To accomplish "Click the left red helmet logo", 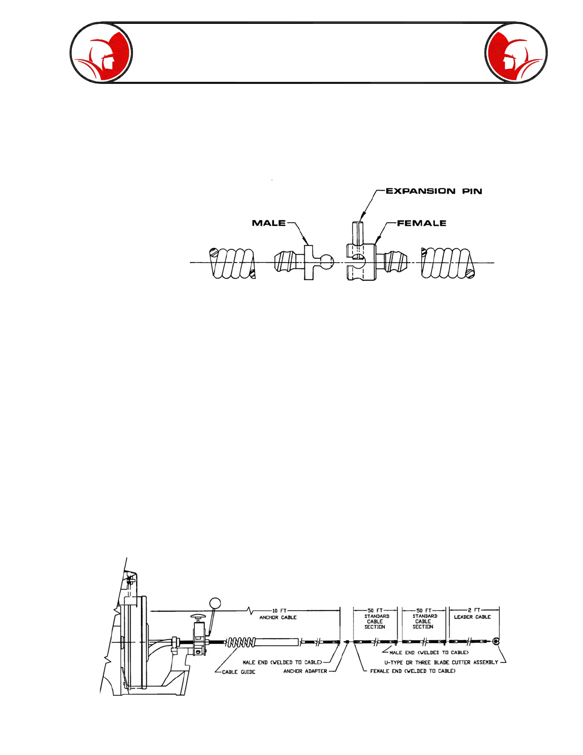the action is pyautogui.click(x=101, y=53).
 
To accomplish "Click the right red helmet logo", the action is pyautogui.click(x=516, y=53).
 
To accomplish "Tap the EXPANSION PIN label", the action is pyautogui.click(x=433, y=191).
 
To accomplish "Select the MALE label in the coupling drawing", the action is pyautogui.click(x=269, y=223).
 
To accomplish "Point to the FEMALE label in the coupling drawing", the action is pyautogui.click(x=422, y=223).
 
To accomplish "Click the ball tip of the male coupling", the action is pyautogui.click(x=326, y=261).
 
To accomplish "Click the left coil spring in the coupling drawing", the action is pyautogui.click(x=232, y=263).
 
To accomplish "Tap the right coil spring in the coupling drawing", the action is pyautogui.click(x=448, y=263).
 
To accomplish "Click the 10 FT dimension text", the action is pyautogui.click(x=279, y=611).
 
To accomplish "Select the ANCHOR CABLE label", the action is pyautogui.click(x=278, y=617).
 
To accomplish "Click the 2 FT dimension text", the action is pyautogui.click(x=474, y=610).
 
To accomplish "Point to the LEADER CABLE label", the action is pyautogui.click(x=472, y=617).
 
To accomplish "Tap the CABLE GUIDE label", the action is pyautogui.click(x=239, y=672).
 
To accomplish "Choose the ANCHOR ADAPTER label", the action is pyautogui.click(x=305, y=671).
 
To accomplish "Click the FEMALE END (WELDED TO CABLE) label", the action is pyautogui.click(x=412, y=671).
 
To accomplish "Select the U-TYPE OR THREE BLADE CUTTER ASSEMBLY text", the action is pyautogui.click(x=441, y=663).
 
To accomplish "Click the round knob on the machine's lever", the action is pyautogui.click(x=215, y=603).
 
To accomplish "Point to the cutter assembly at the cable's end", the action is pyautogui.click(x=496, y=642).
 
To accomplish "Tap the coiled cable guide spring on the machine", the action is pyautogui.click(x=241, y=643).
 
